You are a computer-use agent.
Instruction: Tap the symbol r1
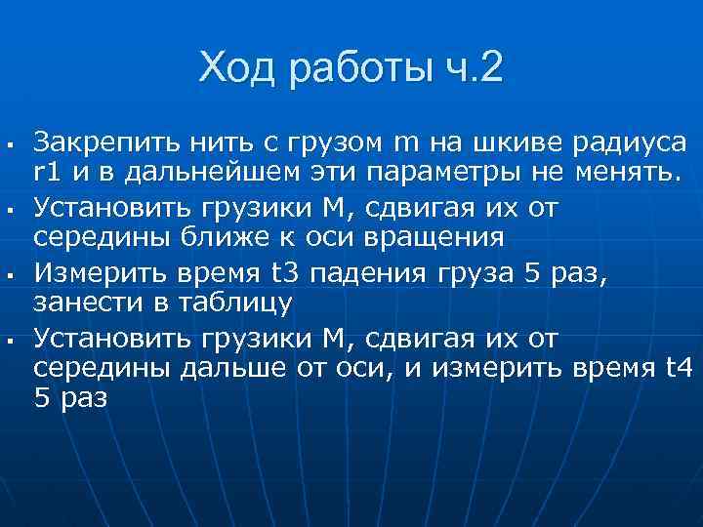click(x=47, y=175)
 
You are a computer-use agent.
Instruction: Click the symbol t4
click(x=678, y=366)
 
